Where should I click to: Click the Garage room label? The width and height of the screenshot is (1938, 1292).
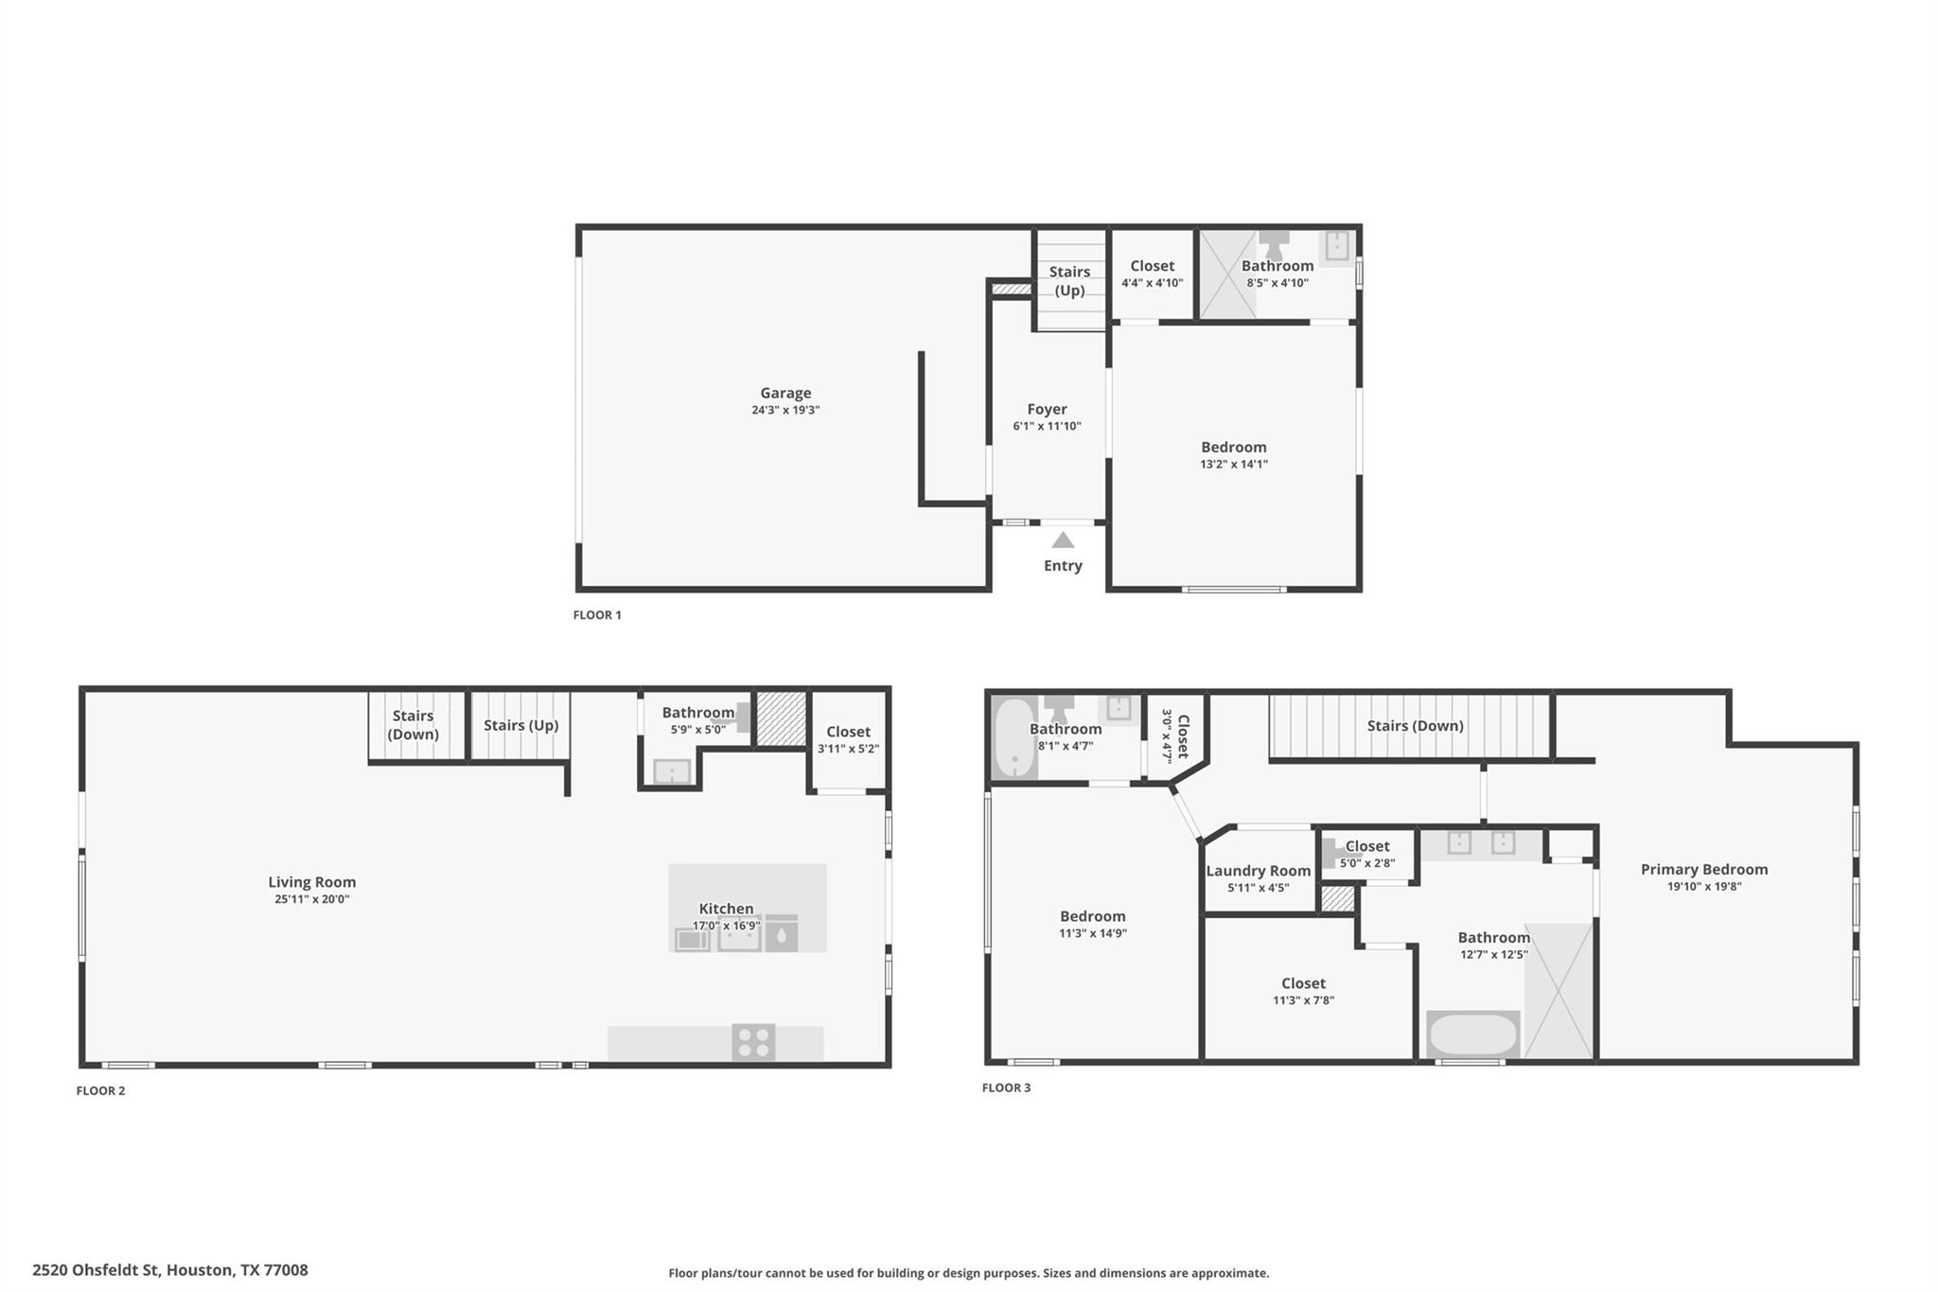pyautogui.click(x=785, y=393)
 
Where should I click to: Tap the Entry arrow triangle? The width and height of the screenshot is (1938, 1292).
pyautogui.click(x=1063, y=540)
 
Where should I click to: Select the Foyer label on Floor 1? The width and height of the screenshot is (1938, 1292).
pyautogui.click(x=1047, y=409)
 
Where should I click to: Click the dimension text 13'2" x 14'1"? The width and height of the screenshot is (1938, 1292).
pyautogui.click(x=1234, y=464)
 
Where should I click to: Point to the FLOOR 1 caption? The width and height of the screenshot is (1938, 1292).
pyautogui.click(x=597, y=615)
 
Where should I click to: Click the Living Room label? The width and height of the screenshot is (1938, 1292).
pyautogui.click(x=312, y=882)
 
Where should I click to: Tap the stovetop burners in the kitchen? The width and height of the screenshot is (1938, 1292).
pyautogui.click(x=753, y=1042)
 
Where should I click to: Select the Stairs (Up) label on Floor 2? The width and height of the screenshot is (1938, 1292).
pyautogui.click(x=521, y=725)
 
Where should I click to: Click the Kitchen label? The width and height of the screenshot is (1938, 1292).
pyautogui.click(x=726, y=909)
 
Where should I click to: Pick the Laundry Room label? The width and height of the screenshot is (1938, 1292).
pyautogui.click(x=1259, y=871)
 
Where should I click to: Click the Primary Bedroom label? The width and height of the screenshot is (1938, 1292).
pyautogui.click(x=1704, y=869)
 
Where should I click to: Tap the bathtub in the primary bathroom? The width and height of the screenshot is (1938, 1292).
pyautogui.click(x=1472, y=1035)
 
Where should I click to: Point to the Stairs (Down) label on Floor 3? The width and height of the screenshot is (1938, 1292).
pyautogui.click(x=1416, y=726)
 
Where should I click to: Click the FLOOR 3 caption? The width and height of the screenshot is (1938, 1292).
pyautogui.click(x=1007, y=1088)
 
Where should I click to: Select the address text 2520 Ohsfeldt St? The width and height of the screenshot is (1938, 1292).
pyautogui.click(x=97, y=1270)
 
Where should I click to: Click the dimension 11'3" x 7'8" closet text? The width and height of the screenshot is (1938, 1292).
pyautogui.click(x=1304, y=1000)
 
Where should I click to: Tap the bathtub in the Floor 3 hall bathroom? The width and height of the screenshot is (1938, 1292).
pyautogui.click(x=1013, y=738)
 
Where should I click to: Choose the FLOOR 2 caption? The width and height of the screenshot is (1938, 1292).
pyautogui.click(x=100, y=1090)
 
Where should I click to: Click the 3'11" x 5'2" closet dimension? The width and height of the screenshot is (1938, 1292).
pyautogui.click(x=849, y=749)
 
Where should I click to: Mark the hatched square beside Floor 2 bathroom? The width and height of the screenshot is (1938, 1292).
pyautogui.click(x=781, y=718)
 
